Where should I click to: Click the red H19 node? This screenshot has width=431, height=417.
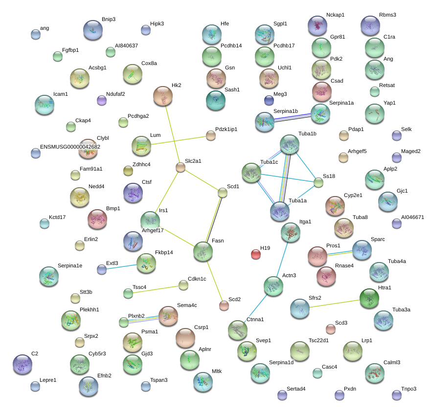256,254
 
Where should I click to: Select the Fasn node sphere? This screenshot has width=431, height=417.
203,251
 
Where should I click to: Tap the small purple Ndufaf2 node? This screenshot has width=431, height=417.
102,100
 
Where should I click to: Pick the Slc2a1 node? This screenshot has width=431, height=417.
181,168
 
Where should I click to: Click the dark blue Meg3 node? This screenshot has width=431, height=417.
269,100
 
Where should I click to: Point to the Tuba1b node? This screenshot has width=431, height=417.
290,145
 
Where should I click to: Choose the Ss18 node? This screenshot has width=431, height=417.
318,183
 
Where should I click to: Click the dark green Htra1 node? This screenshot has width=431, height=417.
369,298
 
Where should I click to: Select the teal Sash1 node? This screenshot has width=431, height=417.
216,100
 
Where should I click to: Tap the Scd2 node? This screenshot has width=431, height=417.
224,306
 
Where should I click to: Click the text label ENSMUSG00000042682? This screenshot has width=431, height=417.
70,147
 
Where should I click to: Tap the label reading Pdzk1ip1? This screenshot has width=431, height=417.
226,129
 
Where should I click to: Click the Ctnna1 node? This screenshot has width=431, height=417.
238,330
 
